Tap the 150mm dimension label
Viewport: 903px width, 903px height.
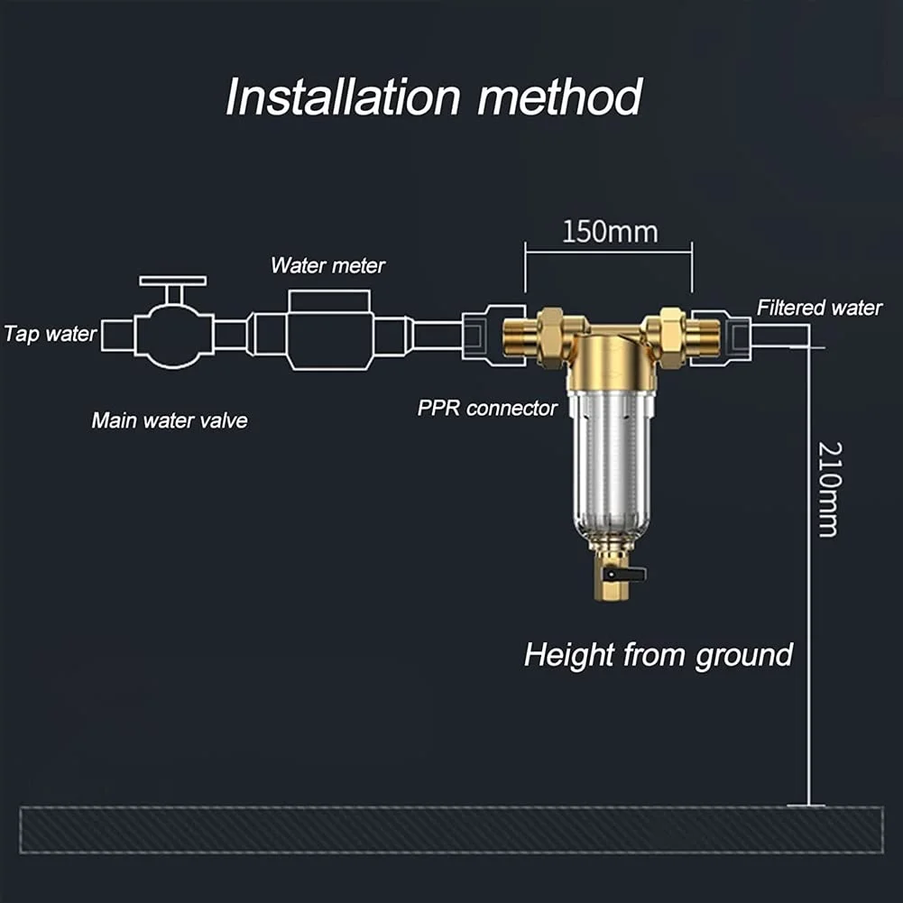[x=610, y=232]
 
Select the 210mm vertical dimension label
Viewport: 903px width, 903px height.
[x=828, y=489]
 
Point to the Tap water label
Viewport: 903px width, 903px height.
[x=50, y=334]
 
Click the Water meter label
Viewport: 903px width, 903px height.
[x=327, y=266]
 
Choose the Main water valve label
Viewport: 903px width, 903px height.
[x=170, y=420]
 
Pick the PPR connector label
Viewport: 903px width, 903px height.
[x=487, y=408]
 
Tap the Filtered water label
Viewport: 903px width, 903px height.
[x=819, y=308]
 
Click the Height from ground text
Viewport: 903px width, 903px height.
[x=658, y=654]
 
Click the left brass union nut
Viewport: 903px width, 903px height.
[x=549, y=336]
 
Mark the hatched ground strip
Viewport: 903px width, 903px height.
[x=451, y=829]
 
